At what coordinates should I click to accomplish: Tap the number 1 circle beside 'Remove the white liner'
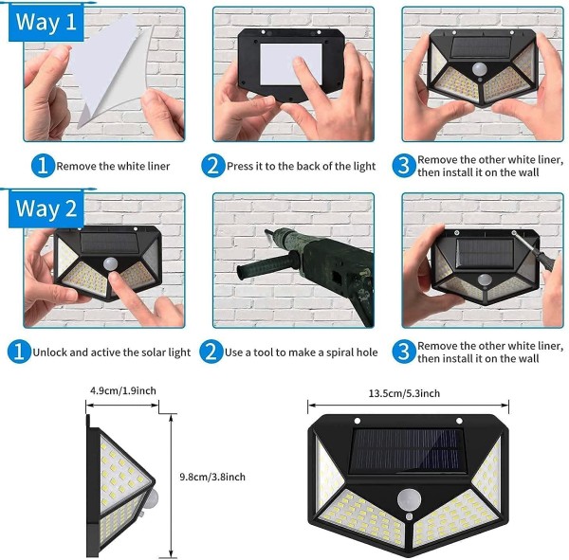(43, 166)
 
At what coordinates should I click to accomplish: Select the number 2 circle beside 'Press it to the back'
(213, 166)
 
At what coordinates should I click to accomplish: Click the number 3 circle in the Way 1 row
(404, 166)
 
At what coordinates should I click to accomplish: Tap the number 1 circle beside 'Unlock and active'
(19, 352)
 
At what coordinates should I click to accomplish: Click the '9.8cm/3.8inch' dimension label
(212, 477)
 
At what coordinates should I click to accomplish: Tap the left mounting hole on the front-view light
(358, 421)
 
